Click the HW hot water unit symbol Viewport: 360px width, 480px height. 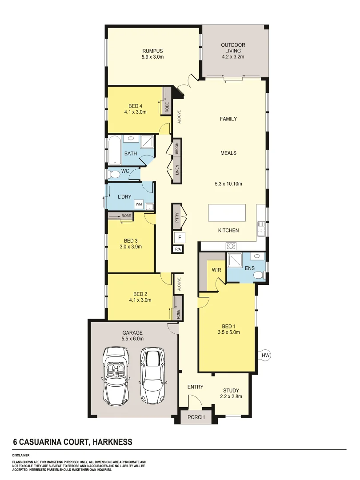[x=266, y=356]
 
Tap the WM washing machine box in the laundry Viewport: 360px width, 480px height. [x=139, y=204]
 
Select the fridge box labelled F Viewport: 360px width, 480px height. [x=179, y=237]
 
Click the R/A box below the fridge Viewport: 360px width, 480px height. [x=179, y=249]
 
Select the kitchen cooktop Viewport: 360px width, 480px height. [x=231, y=245]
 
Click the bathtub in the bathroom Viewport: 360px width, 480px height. [x=114, y=150]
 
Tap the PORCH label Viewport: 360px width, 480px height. [x=196, y=417]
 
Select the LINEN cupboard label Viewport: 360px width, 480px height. [x=176, y=169]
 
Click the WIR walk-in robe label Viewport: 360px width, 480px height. [x=216, y=269]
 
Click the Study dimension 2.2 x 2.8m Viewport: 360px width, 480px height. [x=231, y=396]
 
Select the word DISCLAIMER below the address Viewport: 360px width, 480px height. [x=21, y=455]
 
